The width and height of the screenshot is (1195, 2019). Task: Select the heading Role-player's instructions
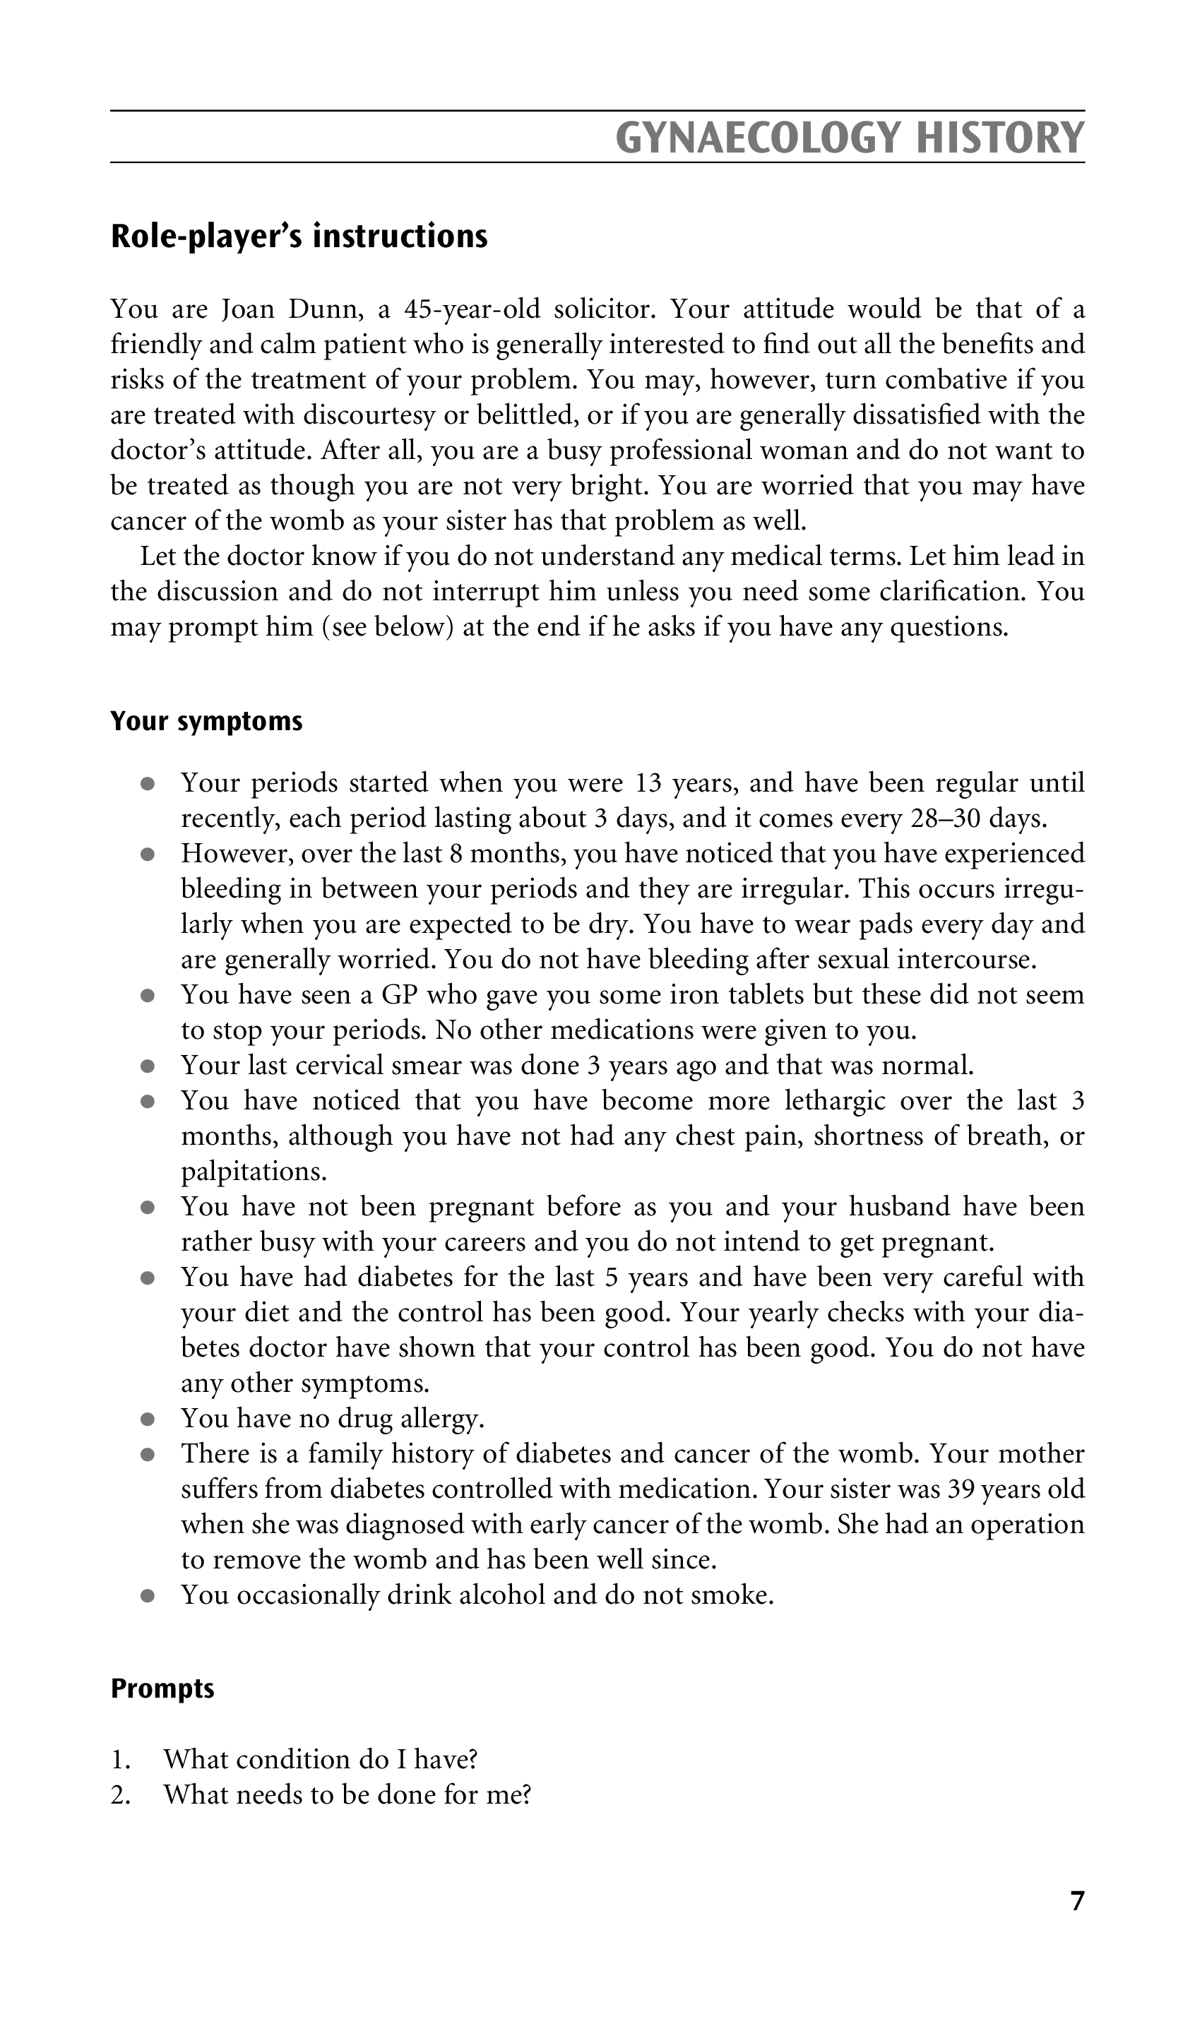(x=299, y=236)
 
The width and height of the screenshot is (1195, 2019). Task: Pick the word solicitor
(x=597, y=309)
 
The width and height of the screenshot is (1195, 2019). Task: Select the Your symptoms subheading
(x=206, y=720)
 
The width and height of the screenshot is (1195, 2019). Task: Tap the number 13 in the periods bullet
(x=649, y=782)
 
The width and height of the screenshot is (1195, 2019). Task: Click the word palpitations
(x=254, y=1172)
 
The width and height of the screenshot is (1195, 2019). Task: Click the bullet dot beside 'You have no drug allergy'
(x=147, y=1419)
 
